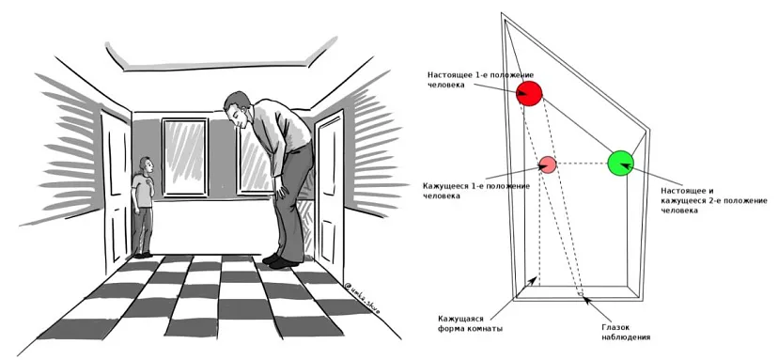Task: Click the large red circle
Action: [529, 93]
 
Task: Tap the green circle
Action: [621, 163]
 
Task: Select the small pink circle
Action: [548, 164]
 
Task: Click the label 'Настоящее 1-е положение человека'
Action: [474, 80]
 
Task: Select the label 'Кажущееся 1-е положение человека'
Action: [476, 191]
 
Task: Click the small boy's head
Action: [147, 166]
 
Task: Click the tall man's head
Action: [237, 108]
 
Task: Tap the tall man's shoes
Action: [280, 260]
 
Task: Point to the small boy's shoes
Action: [143, 256]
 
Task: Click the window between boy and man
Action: [185, 157]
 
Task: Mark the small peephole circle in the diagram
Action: [579, 294]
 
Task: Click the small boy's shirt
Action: [143, 191]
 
